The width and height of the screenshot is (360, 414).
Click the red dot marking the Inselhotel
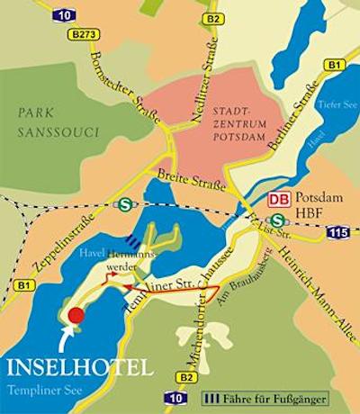pyautogui.click(x=76, y=315)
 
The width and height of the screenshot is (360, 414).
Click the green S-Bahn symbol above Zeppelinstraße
pyautogui.click(x=123, y=203)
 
